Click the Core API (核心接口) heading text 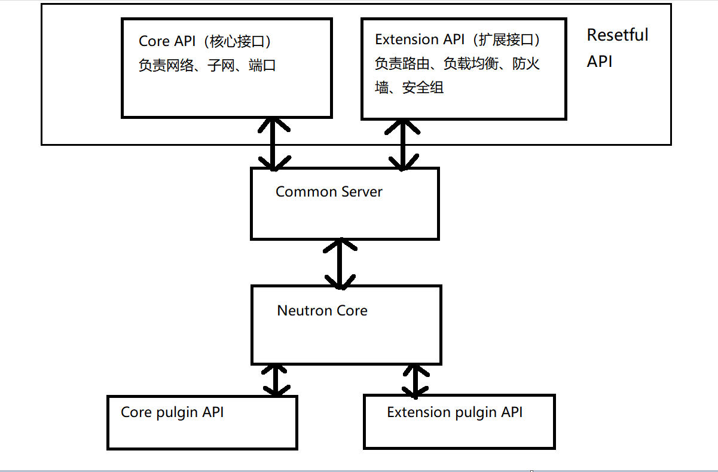pyautogui.click(x=207, y=41)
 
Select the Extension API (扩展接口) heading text pyautogui.click(x=458, y=39)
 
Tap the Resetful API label pyautogui.click(x=616, y=48)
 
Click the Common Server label pyautogui.click(x=329, y=192)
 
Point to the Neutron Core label pyautogui.click(x=322, y=311)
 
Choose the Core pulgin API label pyautogui.click(x=172, y=412)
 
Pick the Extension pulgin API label pyautogui.click(x=454, y=412)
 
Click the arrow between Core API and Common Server pyautogui.click(x=274, y=143)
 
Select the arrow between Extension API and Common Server pyautogui.click(x=404, y=143)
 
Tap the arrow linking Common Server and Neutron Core pyautogui.click(x=340, y=263)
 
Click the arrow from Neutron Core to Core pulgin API pyautogui.click(x=276, y=379)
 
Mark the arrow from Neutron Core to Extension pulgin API pyautogui.click(x=416, y=379)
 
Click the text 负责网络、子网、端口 pyautogui.click(x=207, y=65)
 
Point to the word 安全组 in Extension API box pyautogui.click(x=423, y=88)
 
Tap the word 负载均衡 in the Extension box pyautogui.click(x=471, y=63)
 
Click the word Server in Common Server pyautogui.click(x=361, y=192)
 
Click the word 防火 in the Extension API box pyautogui.click(x=526, y=63)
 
